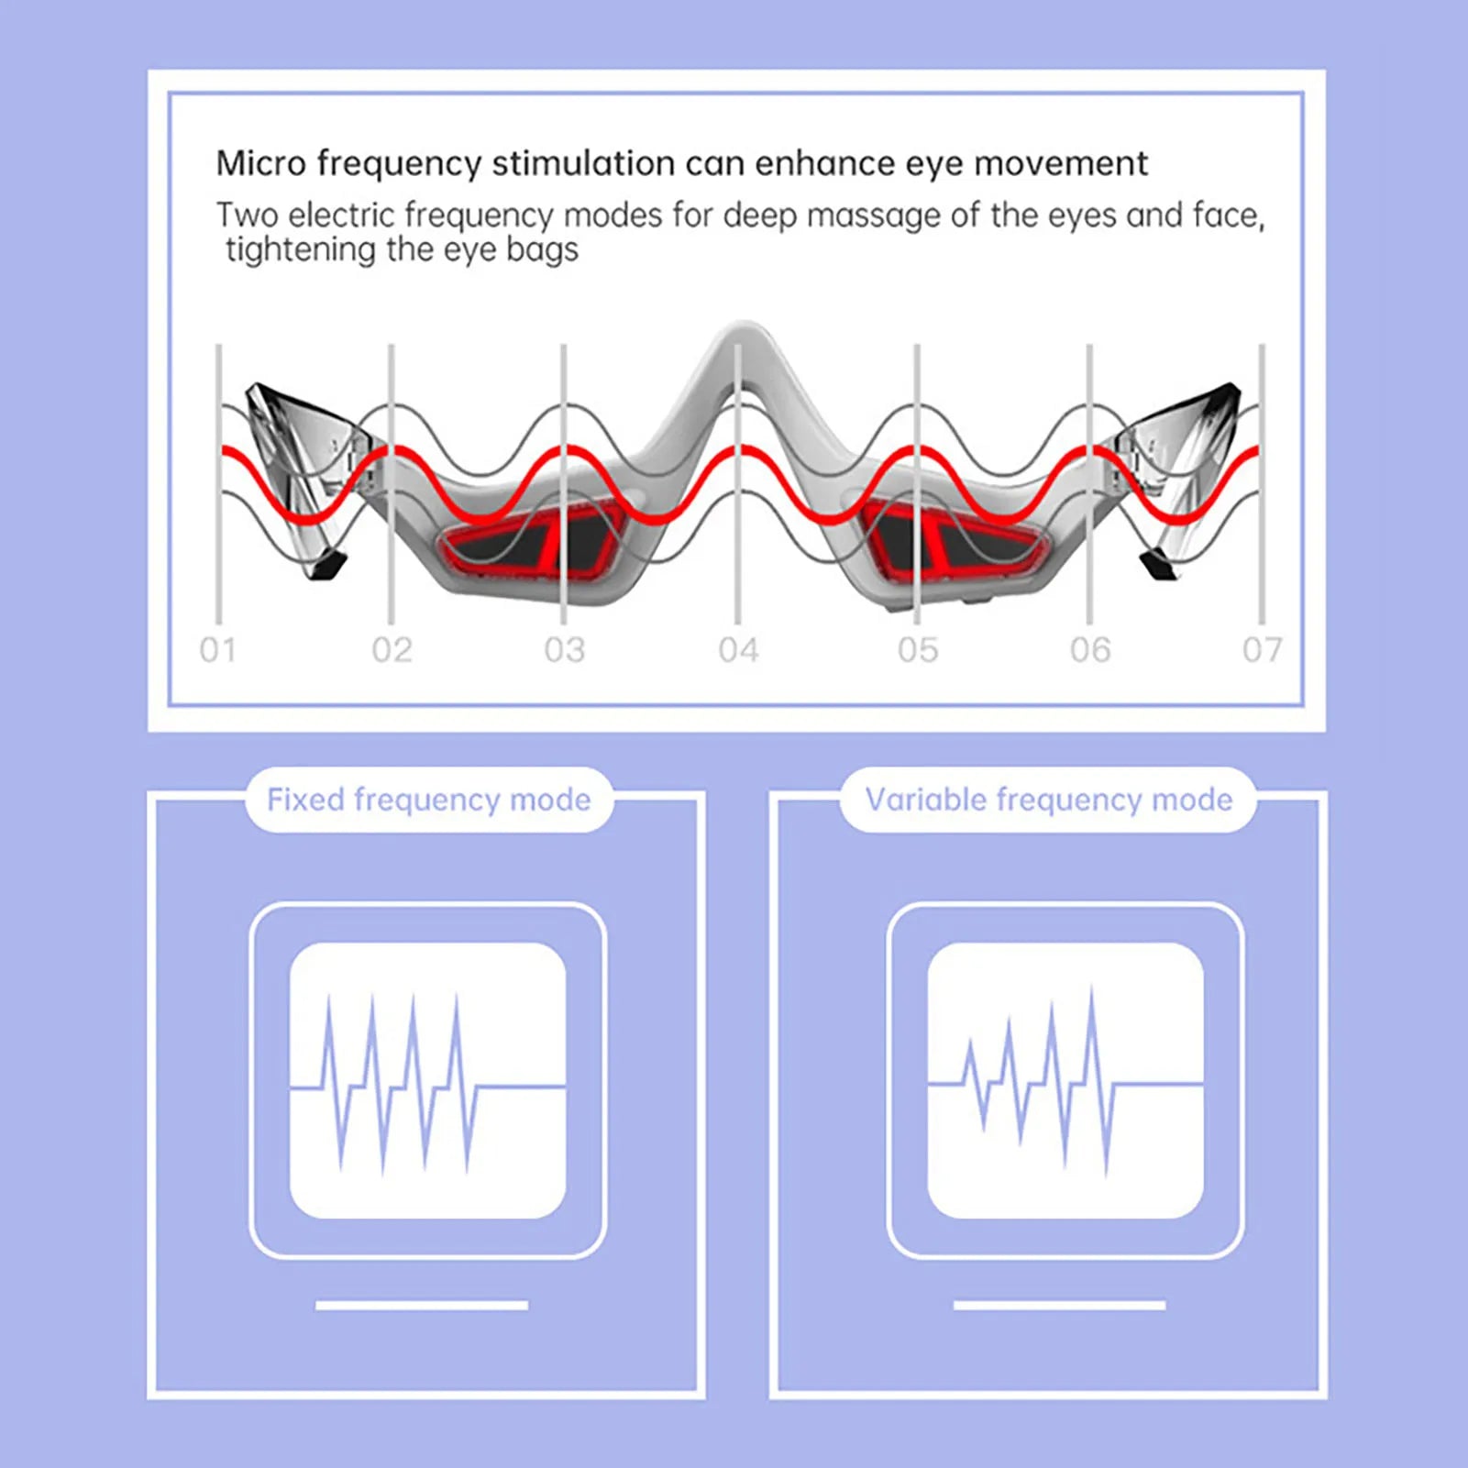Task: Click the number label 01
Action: coord(217,650)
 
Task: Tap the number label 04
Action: coord(738,650)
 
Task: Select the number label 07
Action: coord(1262,650)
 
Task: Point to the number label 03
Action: coord(564,650)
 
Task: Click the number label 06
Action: coord(1089,650)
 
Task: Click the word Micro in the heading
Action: coord(260,163)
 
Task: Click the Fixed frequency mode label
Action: coord(428,800)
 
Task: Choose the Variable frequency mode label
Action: coord(1048,800)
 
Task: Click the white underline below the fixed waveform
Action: coord(422,1305)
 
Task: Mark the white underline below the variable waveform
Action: coord(1059,1305)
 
